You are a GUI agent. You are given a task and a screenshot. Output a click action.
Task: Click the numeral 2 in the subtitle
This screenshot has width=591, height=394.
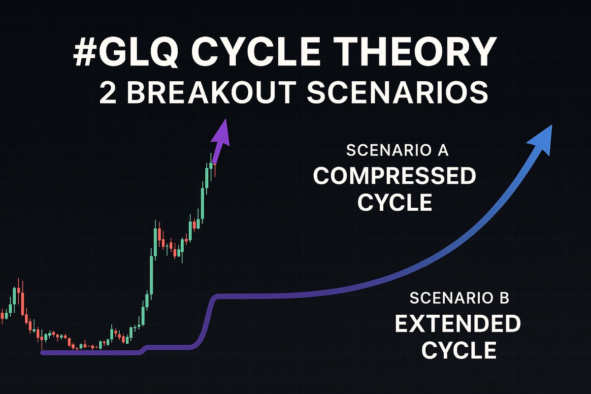(108, 93)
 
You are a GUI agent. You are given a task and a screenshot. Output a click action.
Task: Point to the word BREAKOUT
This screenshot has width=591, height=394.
(211, 93)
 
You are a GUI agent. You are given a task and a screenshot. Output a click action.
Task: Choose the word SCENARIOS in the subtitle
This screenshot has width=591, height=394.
(397, 93)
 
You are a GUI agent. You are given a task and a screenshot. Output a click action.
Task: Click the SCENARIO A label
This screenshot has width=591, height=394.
(397, 150)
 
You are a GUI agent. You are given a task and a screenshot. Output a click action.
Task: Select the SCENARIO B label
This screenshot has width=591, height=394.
(460, 298)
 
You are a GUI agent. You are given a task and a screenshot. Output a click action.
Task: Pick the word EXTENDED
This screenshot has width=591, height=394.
(458, 324)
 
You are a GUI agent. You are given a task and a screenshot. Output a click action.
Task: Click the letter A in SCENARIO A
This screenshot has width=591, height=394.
(443, 150)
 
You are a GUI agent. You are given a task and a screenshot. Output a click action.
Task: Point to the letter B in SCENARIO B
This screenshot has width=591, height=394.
(505, 298)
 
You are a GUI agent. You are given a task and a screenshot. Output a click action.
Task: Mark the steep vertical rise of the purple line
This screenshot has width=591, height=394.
(208, 321)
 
